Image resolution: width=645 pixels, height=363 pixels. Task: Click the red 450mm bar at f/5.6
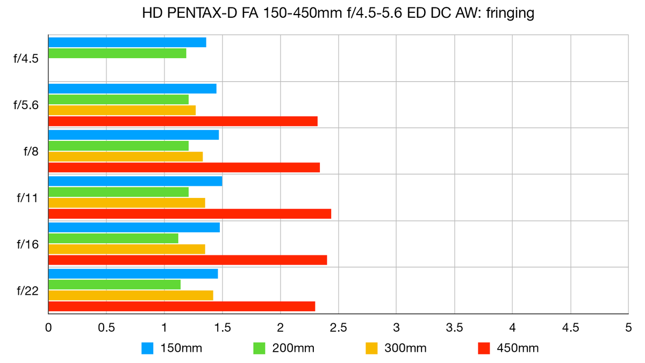point(183,121)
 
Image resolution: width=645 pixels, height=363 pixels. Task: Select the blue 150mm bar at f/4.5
point(127,42)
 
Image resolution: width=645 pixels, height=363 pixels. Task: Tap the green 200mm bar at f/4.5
point(117,53)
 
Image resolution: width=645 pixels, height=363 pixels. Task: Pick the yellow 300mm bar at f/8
point(125,156)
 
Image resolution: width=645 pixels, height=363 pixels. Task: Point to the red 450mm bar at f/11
point(190,214)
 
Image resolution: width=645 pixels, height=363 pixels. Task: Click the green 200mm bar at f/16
point(113,238)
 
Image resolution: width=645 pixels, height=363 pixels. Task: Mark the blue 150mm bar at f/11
point(135,181)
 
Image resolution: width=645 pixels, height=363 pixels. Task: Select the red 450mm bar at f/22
point(182,307)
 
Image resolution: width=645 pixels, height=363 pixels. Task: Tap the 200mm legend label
point(293,348)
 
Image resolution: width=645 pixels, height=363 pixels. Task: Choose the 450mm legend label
point(518,348)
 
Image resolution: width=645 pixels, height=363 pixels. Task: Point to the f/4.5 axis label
point(26,59)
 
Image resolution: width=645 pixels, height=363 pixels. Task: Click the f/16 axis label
point(27,245)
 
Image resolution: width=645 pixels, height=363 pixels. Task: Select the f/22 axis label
point(27,291)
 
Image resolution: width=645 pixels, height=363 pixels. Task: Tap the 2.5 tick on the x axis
point(338,327)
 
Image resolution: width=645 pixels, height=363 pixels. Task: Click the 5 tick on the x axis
point(628,327)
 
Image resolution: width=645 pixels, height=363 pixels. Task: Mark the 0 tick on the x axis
point(48,327)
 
